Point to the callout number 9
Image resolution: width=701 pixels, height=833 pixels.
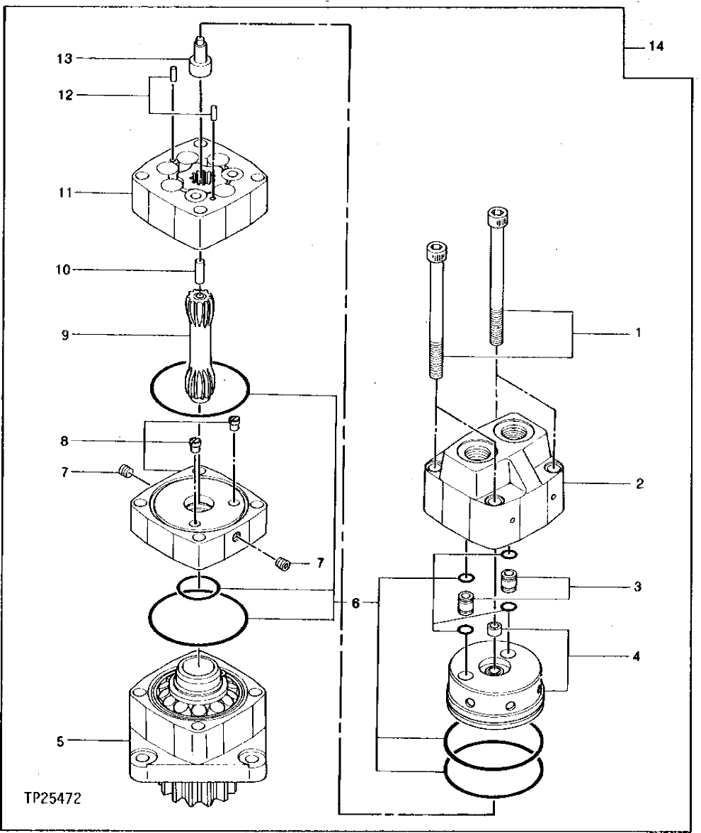click(x=65, y=335)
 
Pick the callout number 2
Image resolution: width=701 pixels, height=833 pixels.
click(x=639, y=484)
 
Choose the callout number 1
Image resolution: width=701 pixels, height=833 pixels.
click(x=638, y=331)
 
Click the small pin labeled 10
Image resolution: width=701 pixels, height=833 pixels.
click(x=200, y=270)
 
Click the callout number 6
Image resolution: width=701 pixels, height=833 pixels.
click(x=355, y=603)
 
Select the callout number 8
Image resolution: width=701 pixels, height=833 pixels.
click(x=65, y=442)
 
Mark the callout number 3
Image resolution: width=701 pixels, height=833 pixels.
click(x=638, y=587)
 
